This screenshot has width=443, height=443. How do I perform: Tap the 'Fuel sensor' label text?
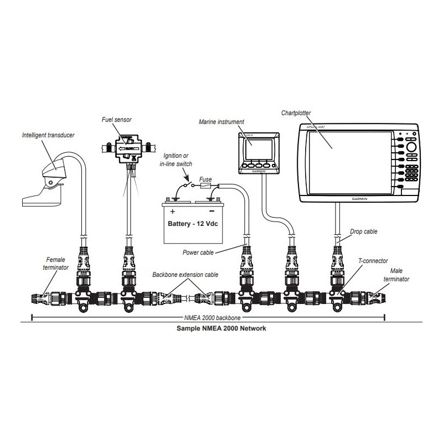click(x=116, y=119)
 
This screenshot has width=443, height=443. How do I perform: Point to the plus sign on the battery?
click(x=172, y=212)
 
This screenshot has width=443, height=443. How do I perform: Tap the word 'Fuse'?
click(x=205, y=180)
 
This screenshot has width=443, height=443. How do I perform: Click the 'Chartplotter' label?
click(x=296, y=112)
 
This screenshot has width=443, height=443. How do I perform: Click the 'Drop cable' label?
click(x=364, y=231)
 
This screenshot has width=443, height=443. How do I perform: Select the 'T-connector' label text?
click(x=373, y=261)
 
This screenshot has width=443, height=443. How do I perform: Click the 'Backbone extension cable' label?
click(x=186, y=274)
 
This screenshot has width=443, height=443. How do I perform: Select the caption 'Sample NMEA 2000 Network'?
click(x=221, y=328)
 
